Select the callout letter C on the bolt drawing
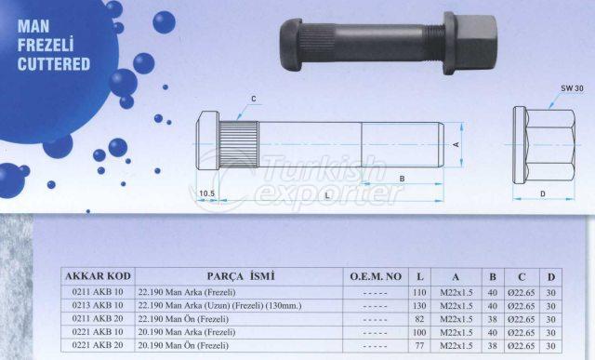click(253, 99)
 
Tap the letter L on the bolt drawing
click(328, 193)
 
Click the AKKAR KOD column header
click(96, 276)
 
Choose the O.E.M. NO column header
click(376, 276)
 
